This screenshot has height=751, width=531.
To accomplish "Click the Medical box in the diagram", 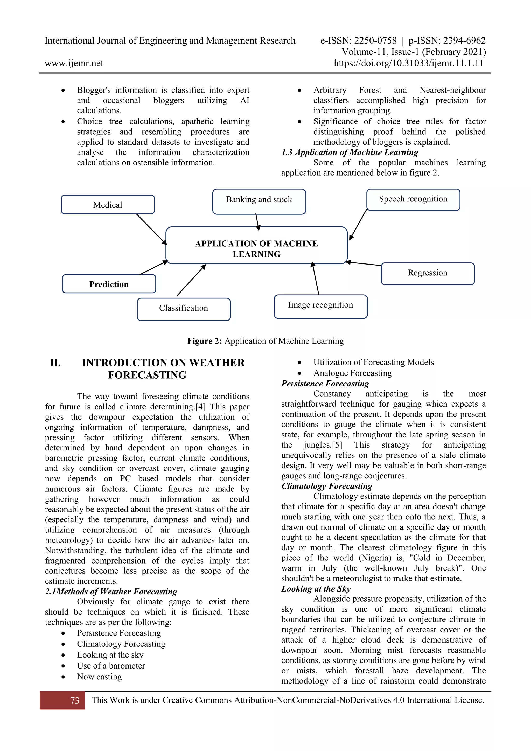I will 108,205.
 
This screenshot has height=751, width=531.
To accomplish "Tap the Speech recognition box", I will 413,199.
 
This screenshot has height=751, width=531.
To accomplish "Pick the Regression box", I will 427,273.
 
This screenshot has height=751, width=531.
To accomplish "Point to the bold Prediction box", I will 109,284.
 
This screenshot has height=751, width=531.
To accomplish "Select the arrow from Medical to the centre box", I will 151,229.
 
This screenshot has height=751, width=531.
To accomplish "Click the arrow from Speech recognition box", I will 358,225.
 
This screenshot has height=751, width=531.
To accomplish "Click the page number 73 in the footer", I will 75,700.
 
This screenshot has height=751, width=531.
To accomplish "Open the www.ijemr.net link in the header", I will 74,63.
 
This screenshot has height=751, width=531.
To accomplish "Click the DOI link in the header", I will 408,63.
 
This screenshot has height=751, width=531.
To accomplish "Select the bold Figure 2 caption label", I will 204,341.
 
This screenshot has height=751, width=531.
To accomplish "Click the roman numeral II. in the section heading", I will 55,363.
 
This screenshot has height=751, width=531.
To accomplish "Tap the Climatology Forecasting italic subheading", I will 327,486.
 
